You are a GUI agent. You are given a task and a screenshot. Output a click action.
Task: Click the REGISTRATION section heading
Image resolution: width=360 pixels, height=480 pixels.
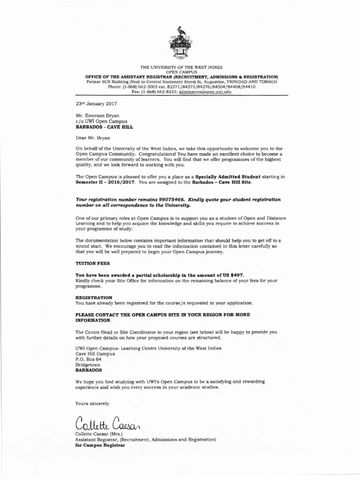94,297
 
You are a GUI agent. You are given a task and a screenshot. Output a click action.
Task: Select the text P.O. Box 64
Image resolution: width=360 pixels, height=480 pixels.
89,359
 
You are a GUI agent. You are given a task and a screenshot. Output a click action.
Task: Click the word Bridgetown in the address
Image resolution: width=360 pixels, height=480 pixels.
89,364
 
